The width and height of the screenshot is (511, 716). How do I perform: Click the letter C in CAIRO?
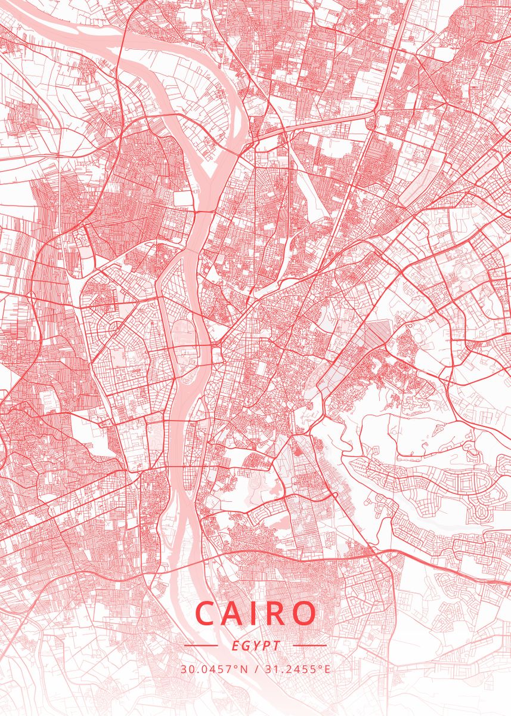[x=208, y=613]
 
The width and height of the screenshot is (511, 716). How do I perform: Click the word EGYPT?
[x=255, y=646]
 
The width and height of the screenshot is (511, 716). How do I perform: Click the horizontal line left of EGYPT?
[x=201, y=645]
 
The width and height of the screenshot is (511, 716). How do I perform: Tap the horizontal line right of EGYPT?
[x=310, y=645]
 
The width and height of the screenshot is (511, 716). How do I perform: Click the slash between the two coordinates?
[x=255, y=669]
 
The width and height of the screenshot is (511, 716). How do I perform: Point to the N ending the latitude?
[x=244, y=669]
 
